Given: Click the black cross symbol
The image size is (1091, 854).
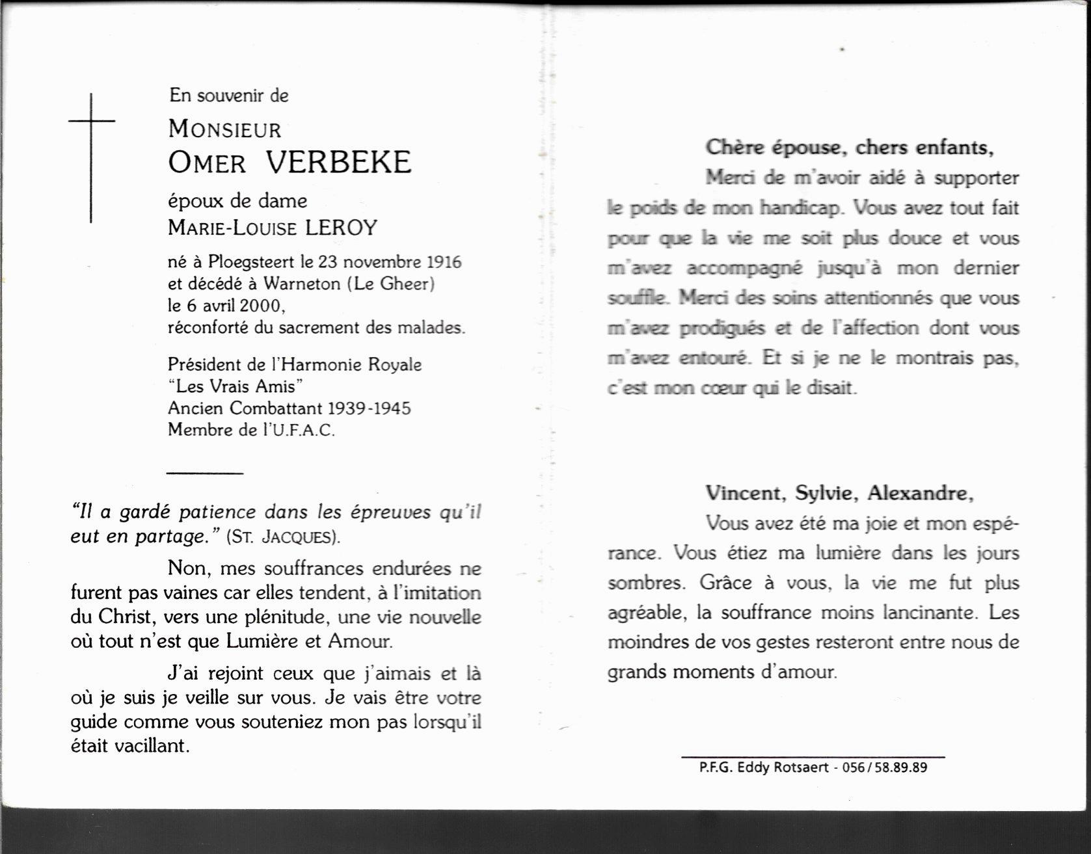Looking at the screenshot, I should coord(91,156).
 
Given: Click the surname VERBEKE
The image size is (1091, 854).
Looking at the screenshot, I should coord(338,163).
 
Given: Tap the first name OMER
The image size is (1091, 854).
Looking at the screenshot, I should coord(207,163).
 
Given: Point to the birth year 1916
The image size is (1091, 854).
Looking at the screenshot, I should coord(444,262).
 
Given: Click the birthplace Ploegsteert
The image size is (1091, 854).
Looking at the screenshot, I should coord(252,262).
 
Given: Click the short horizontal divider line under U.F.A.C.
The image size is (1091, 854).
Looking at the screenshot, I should coord(205,473).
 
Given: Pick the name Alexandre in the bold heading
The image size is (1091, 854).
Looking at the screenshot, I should coord(920,493).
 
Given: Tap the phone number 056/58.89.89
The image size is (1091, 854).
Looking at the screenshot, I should coord(884,767).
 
